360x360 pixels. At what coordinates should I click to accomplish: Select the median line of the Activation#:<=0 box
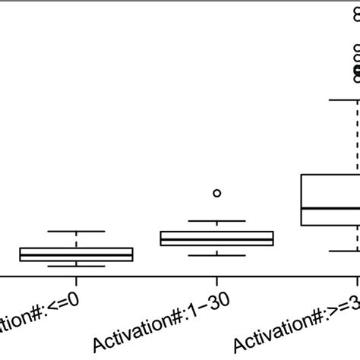click(x=77, y=254)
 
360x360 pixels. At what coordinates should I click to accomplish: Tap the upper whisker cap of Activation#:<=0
click(x=77, y=231)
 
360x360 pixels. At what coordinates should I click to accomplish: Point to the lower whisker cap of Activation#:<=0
click(x=77, y=266)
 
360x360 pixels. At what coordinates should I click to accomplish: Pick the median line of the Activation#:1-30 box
click(x=216, y=239)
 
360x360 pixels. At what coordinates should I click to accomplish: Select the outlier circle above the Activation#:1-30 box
click(x=216, y=193)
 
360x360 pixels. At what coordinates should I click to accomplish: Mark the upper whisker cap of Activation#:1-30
click(x=216, y=221)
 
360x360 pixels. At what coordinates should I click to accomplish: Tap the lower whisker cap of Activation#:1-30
click(x=216, y=255)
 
